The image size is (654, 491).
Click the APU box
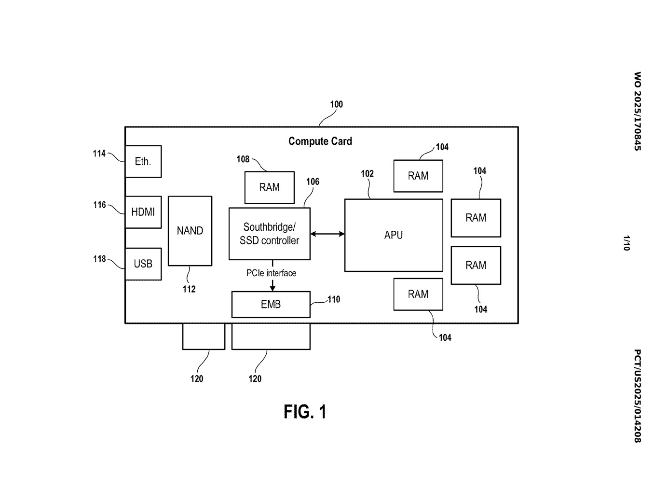[394, 235]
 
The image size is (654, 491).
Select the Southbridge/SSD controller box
[269, 234]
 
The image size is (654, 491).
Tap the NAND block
[190, 231]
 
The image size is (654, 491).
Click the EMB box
[271, 304]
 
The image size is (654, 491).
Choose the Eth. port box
[143, 161]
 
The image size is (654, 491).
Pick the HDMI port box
[143, 212]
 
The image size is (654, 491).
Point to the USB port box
[143, 264]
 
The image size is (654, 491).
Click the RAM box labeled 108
[269, 187]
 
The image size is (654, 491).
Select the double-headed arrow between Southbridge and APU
[327, 234]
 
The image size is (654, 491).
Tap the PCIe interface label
[271, 273]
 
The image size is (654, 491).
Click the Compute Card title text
[320, 141]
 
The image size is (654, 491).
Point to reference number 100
[336, 104]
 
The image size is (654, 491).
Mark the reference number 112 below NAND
[189, 289]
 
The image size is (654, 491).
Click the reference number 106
[313, 182]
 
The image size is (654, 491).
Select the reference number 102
[367, 174]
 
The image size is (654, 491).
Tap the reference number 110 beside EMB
[334, 299]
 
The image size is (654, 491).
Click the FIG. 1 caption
[305, 412]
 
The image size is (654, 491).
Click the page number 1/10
[626, 243]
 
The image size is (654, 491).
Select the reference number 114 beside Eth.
[99, 154]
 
